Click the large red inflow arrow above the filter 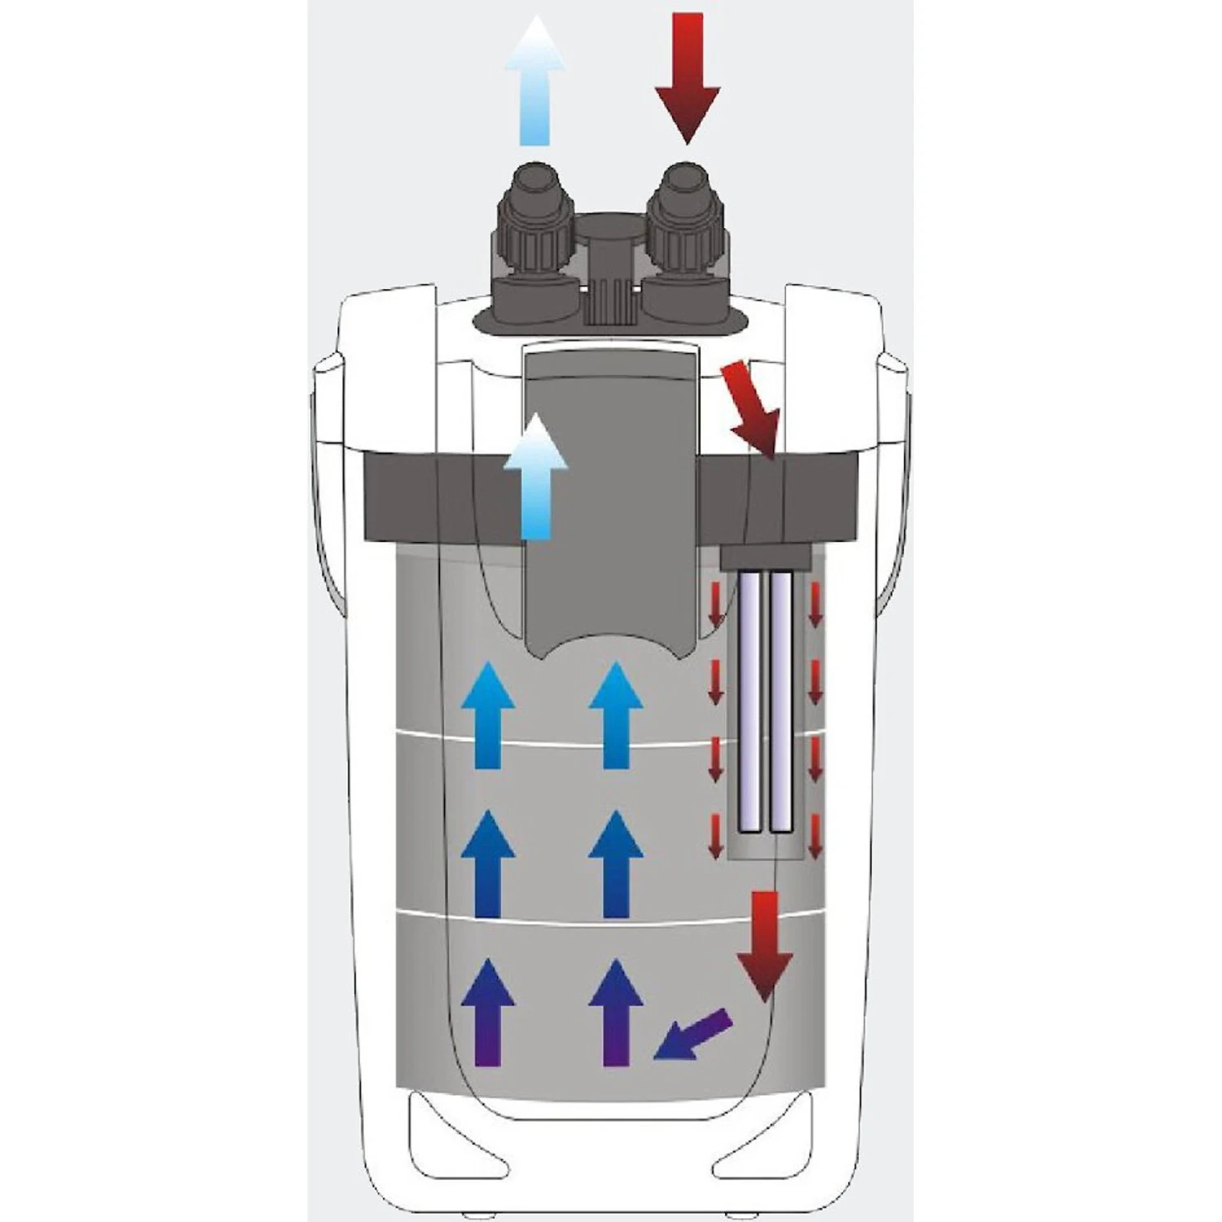click(x=687, y=78)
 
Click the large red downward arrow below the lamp click(x=765, y=945)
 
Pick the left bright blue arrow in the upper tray click(x=487, y=715)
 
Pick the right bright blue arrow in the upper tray click(x=617, y=715)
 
